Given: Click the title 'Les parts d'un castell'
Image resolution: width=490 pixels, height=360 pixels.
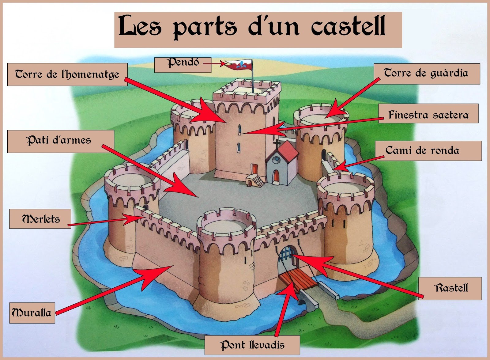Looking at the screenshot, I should [x=258, y=29].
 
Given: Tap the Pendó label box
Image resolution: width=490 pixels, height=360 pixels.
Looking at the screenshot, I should [x=183, y=64].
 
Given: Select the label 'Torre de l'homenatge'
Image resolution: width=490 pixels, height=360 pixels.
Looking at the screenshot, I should [x=67, y=74].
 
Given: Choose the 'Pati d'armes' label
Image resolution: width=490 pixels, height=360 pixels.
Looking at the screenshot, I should [x=60, y=141].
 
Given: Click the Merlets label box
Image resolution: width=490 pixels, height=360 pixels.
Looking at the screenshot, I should [x=40, y=219].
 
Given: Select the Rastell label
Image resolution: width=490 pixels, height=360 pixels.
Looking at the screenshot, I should [x=451, y=288].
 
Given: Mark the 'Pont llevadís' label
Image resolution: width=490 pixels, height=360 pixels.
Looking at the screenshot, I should [x=252, y=345].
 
